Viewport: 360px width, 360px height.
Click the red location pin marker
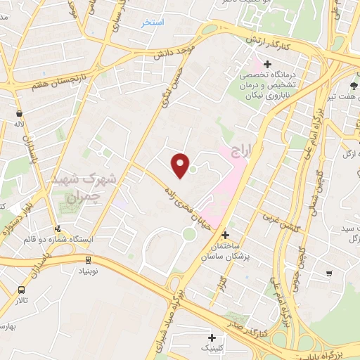pyautogui.click(x=181, y=165)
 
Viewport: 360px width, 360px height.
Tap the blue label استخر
pyautogui.click(x=153, y=22)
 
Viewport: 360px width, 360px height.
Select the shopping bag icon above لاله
pyautogui.click(x=18, y=112)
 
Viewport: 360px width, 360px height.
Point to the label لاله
pyautogui.click(x=19, y=124)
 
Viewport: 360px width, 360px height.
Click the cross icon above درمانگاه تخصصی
pyautogui.click(x=267, y=65)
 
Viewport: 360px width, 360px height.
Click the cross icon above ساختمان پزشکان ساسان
pyautogui.click(x=225, y=236)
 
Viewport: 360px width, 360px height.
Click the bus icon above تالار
pyautogui.click(x=22, y=290)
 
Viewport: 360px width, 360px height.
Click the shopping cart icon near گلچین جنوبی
pyautogui.click(x=328, y=273)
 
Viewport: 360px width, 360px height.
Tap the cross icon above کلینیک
pyautogui.click(x=212, y=337)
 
